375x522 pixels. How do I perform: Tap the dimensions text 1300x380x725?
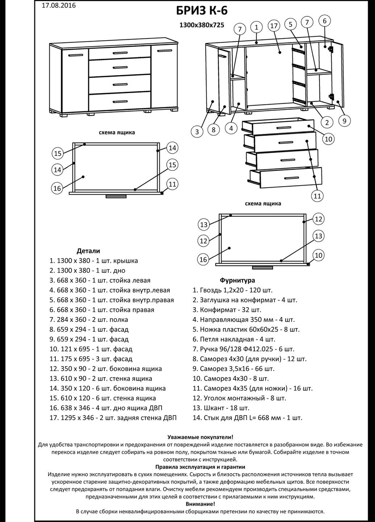(x=202, y=25)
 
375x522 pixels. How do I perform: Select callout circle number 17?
(x=274, y=26)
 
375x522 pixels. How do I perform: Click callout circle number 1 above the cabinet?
(x=257, y=27)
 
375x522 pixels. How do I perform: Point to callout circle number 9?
(x=344, y=121)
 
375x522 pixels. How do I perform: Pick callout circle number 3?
(x=197, y=132)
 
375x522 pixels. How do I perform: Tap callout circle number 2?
(x=327, y=122)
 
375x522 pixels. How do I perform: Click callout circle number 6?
(x=324, y=21)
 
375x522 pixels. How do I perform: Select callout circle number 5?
(x=291, y=24)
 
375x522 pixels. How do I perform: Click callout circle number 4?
(x=231, y=128)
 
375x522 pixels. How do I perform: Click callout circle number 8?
(x=214, y=129)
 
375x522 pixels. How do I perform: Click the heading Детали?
(x=88, y=251)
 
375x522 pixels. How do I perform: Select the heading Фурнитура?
(x=237, y=280)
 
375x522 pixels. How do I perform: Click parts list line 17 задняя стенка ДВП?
(x=113, y=418)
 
